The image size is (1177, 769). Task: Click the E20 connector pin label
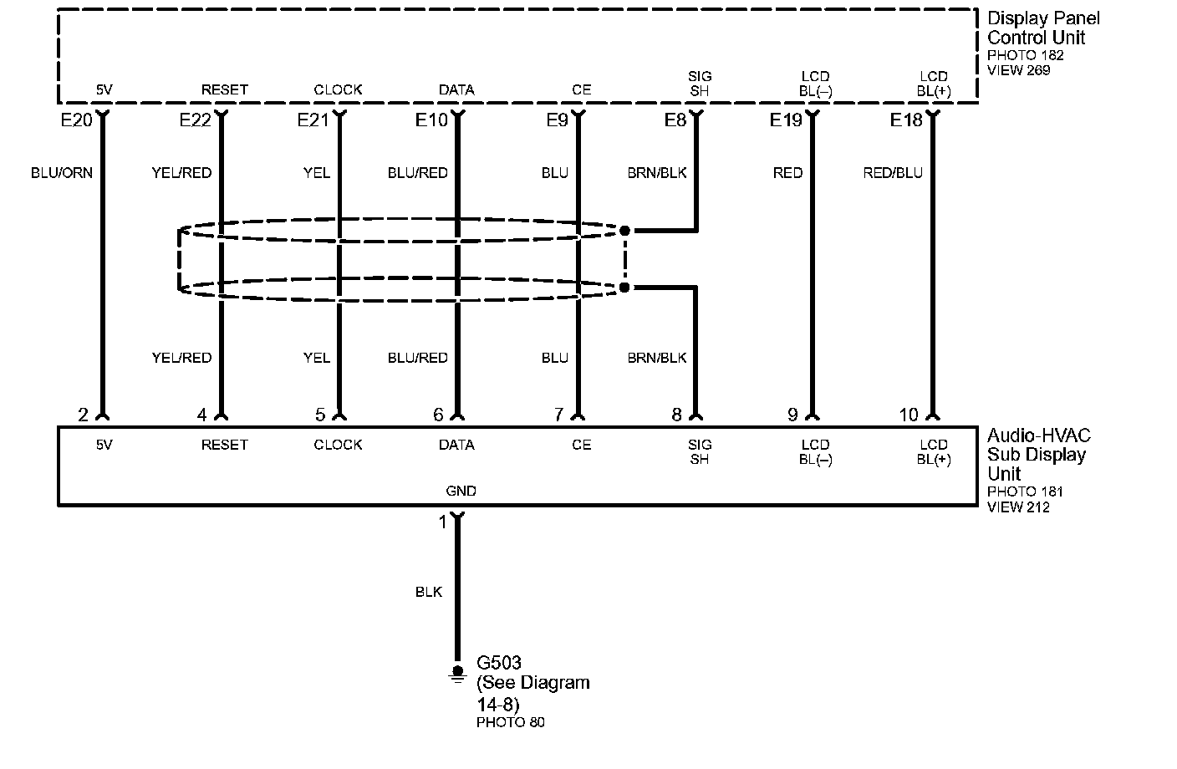click(x=76, y=120)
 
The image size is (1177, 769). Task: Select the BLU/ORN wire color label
click(x=62, y=173)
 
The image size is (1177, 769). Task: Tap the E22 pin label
click(x=195, y=120)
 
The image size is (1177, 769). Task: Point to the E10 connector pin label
click(x=431, y=120)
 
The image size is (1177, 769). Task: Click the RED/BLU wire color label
click(x=893, y=173)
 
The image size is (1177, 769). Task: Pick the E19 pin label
click(x=786, y=120)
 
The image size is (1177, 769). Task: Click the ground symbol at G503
click(x=456, y=673)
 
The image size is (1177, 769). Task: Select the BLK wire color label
click(x=429, y=592)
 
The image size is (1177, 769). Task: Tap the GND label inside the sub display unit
click(x=461, y=491)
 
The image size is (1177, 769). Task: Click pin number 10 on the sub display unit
click(x=909, y=415)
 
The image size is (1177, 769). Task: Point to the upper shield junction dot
click(x=624, y=230)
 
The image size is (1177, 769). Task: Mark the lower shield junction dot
click(x=624, y=288)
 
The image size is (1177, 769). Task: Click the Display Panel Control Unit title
click(x=1043, y=28)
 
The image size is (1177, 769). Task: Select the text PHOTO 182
click(x=1025, y=55)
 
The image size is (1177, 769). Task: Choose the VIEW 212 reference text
click(x=1018, y=507)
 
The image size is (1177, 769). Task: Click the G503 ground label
click(x=499, y=663)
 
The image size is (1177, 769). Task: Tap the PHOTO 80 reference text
click(x=510, y=722)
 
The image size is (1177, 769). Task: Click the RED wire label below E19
click(x=787, y=173)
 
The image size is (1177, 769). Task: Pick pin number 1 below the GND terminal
click(x=443, y=523)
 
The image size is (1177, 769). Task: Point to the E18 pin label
click(x=906, y=120)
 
